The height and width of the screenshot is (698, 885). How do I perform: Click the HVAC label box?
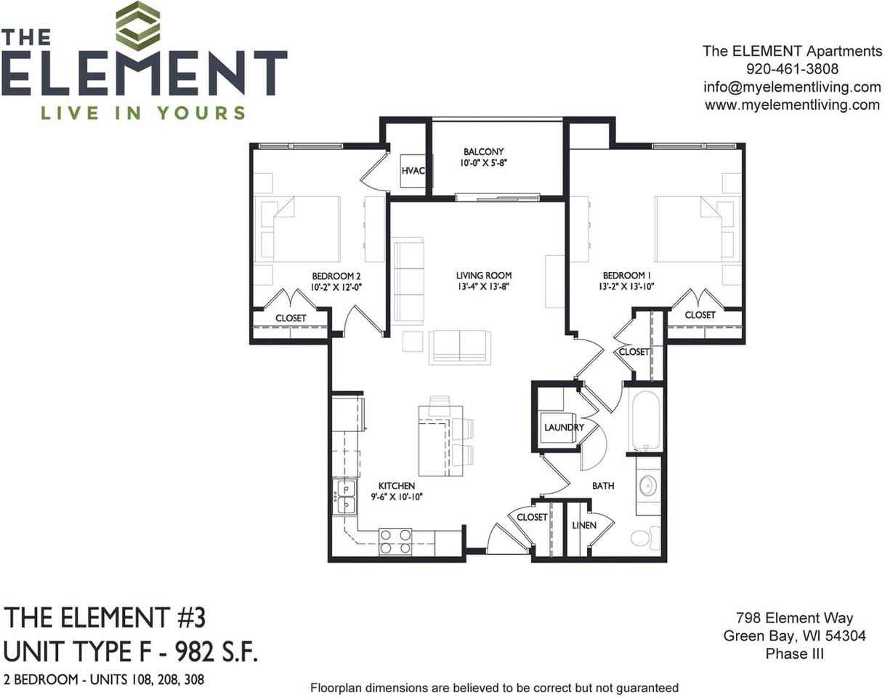(x=413, y=172)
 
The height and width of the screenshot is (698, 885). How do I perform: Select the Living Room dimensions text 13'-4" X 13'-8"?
(x=484, y=287)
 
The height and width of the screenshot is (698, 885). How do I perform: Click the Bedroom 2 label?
(x=336, y=276)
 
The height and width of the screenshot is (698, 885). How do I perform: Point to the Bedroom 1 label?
(x=627, y=276)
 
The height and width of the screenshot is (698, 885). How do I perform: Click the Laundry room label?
(x=564, y=428)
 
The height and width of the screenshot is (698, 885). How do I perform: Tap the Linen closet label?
(x=583, y=525)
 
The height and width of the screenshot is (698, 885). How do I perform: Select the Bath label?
(x=603, y=485)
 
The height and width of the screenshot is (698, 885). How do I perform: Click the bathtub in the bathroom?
(x=644, y=420)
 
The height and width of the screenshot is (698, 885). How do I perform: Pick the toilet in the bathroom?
(x=643, y=537)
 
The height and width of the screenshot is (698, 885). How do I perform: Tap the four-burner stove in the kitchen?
(x=395, y=542)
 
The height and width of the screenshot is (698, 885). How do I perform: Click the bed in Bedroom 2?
(x=300, y=229)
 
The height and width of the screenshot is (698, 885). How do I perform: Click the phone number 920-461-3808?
(x=792, y=69)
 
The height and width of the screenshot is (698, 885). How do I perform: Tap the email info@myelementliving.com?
(x=792, y=87)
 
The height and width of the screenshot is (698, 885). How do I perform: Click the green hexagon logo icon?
(x=138, y=25)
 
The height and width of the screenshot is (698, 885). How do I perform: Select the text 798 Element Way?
(x=794, y=619)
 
